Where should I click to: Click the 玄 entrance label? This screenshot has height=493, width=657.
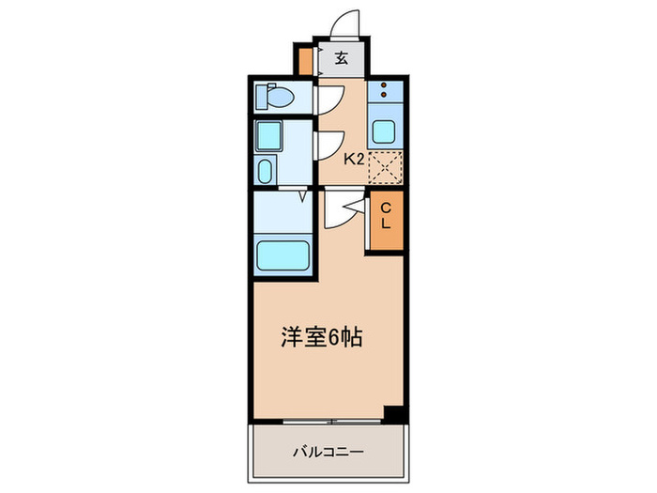(x=342, y=58)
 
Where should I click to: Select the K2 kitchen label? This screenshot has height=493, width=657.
(x=353, y=159)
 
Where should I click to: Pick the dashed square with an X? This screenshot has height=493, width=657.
(x=384, y=167)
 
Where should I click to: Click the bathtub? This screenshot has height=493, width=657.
(x=283, y=254)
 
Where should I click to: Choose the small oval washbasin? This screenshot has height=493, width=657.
(x=265, y=172)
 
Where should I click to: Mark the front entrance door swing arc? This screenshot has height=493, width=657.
(x=344, y=23)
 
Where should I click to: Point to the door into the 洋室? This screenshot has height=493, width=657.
(x=342, y=211)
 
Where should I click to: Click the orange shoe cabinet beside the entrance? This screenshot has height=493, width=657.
(x=305, y=59)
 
